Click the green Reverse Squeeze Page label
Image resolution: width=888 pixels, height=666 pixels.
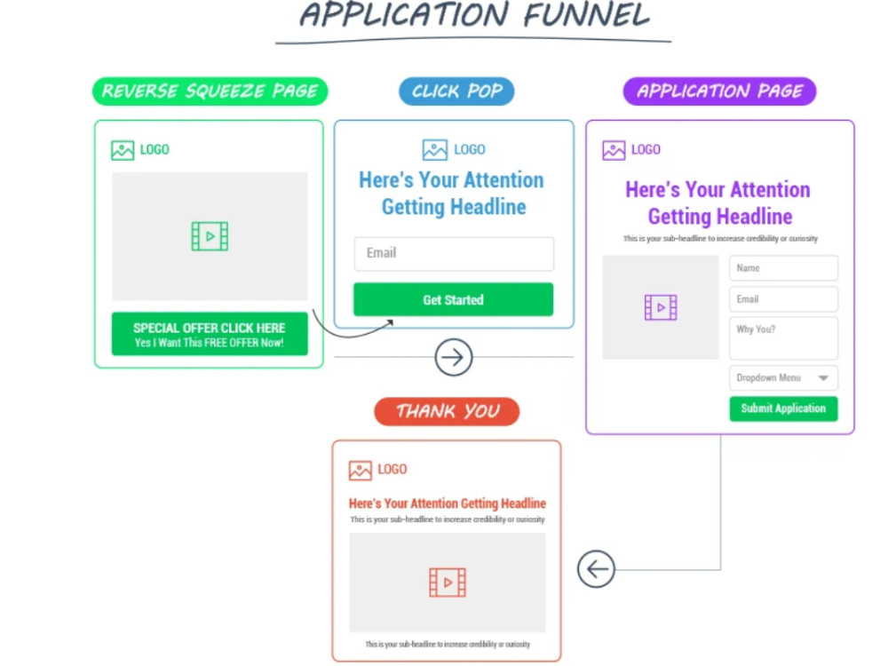pyautogui.click(x=210, y=91)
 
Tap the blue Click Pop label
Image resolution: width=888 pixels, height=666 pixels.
pyautogui.click(x=456, y=91)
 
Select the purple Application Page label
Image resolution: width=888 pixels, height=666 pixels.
pyautogui.click(x=719, y=91)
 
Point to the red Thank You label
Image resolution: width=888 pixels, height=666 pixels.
pyautogui.click(x=447, y=411)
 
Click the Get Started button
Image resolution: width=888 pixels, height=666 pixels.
pyautogui.click(x=453, y=300)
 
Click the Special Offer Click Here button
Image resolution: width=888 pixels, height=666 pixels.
pyautogui.click(x=210, y=334)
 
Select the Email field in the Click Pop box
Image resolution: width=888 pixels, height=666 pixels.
pyautogui.click(x=454, y=253)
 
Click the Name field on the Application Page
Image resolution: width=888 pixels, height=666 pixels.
pyautogui.click(x=783, y=268)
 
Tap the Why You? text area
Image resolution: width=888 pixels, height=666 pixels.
pyautogui.click(x=783, y=338)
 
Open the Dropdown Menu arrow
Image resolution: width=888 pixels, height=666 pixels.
pyautogui.click(x=823, y=378)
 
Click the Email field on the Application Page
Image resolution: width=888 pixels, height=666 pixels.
pyautogui.click(x=783, y=299)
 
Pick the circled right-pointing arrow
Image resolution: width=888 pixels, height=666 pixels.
pyautogui.click(x=454, y=358)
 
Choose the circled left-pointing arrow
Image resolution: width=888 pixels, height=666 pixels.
pyautogui.click(x=596, y=569)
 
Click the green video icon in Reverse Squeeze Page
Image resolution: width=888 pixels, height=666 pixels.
pyautogui.click(x=210, y=236)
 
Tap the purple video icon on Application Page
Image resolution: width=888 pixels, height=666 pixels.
pyautogui.click(x=661, y=308)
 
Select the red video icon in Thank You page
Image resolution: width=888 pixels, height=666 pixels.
pyautogui.click(x=448, y=583)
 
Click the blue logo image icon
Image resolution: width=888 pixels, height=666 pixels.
pyautogui.click(x=435, y=150)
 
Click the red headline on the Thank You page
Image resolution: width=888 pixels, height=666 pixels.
pyautogui.click(x=448, y=503)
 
